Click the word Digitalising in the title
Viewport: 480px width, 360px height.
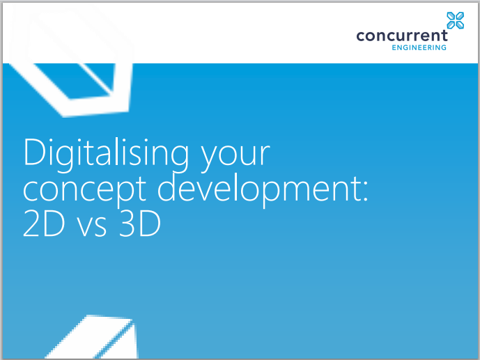pos(98,154)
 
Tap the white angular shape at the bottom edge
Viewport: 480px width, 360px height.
pos(98,339)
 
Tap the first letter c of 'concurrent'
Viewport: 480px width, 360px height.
pos(360,37)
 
